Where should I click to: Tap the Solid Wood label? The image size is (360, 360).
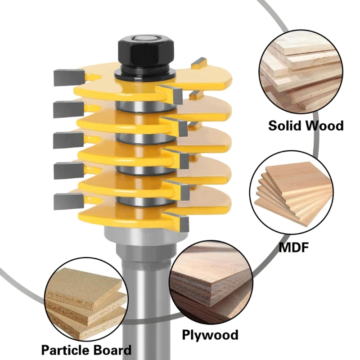pos(306,125)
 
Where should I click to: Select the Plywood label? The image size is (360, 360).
pos(210,335)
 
